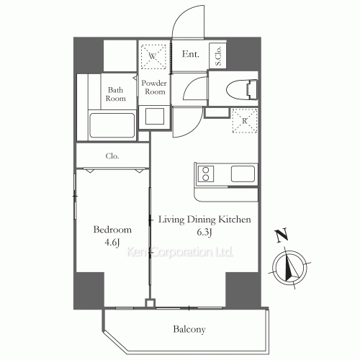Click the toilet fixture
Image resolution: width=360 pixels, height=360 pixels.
point(242,90)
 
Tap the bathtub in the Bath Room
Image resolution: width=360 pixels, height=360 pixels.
point(112,125)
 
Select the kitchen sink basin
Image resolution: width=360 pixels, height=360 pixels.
point(243,174)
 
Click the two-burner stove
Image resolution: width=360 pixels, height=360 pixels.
point(206,174)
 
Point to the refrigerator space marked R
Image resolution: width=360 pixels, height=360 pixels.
point(245,121)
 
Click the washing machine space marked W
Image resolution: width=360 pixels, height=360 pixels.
point(153,57)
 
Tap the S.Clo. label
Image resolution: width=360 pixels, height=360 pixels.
point(218,55)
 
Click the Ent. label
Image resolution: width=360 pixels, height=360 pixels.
point(191,54)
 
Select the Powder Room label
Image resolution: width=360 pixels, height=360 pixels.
point(154,87)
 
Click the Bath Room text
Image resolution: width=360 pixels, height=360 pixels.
point(115,94)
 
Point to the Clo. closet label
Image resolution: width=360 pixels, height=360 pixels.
point(112,156)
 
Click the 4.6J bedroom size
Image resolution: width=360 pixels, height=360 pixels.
point(112,243)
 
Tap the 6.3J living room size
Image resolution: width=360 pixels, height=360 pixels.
point(204,232)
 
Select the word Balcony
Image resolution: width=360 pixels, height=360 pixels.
point(189,329)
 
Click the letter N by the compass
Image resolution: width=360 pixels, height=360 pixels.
point(282,235)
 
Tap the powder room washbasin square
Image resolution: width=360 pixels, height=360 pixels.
point(155,116)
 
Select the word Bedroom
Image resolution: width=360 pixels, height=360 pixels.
point(112,230)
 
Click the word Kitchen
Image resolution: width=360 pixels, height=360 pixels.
point(235,220)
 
